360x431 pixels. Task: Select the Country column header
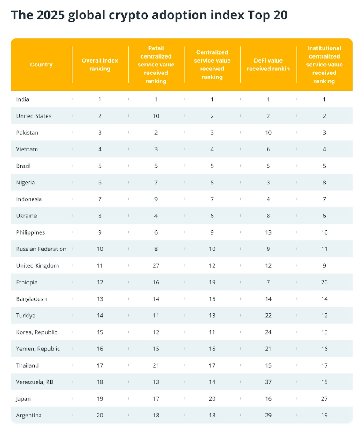(41, 65)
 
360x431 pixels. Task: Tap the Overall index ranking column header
(100, 65)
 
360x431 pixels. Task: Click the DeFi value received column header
(268, 65)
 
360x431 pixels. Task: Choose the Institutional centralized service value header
(324, 65)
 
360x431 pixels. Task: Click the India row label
(23, 99)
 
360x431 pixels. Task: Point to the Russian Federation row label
(41, 249)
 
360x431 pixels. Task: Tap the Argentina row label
(29, 416)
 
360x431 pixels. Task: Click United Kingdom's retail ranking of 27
(156, 266)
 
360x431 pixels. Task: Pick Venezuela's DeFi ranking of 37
(268, 382)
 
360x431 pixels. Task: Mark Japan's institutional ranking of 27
(324, 399)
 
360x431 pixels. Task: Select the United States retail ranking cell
(156, 116)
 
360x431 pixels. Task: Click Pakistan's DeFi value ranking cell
(268, 133)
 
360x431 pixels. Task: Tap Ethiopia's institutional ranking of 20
(324, 283)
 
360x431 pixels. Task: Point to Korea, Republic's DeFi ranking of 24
(268, 332)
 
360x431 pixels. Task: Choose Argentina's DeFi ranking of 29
(268, 416)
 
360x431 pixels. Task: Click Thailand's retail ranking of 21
(156, 365)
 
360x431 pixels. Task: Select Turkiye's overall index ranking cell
(100, 316)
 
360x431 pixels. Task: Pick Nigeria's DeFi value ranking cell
(268, 183)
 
